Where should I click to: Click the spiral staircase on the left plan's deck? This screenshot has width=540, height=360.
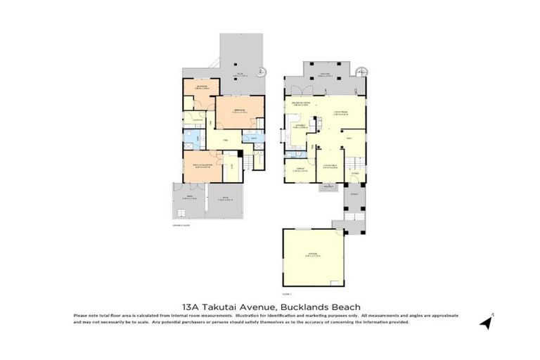coord(262,71)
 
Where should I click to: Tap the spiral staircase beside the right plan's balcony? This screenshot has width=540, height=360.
coord(362,70)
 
